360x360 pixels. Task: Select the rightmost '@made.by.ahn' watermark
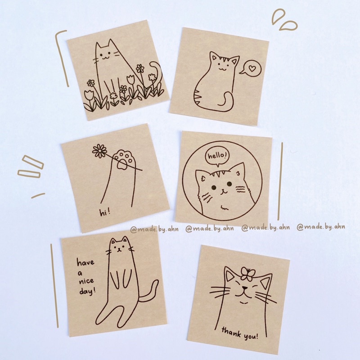(x=320, y=227)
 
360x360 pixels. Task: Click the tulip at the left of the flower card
(x=89, y=96)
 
